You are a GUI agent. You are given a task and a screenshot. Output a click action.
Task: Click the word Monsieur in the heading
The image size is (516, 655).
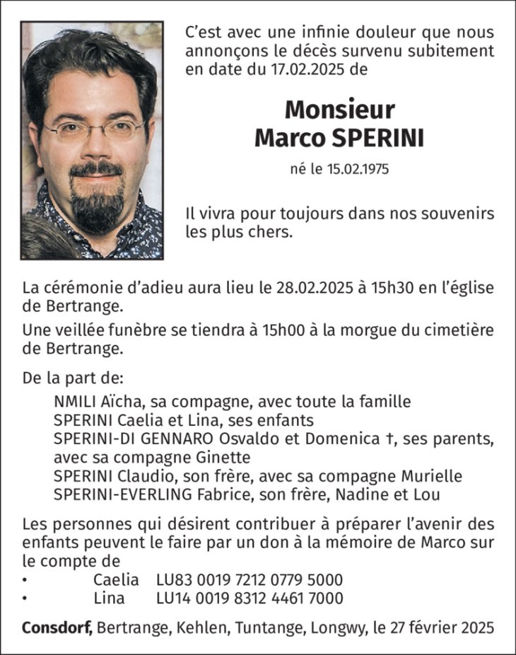tap(339, 110)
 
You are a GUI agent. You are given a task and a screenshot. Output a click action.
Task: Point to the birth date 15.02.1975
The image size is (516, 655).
tap(356, 170)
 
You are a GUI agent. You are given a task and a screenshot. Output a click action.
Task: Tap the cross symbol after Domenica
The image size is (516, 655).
tap(389, 439)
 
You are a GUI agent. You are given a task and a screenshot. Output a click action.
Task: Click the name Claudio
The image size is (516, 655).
tap(140, 475)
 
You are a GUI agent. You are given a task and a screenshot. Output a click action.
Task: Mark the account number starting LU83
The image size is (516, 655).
tap(250, 579)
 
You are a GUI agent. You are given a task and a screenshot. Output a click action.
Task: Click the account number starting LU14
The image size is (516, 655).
tap(250, 598)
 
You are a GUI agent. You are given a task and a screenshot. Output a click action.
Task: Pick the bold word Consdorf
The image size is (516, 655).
tap(57, 627)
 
